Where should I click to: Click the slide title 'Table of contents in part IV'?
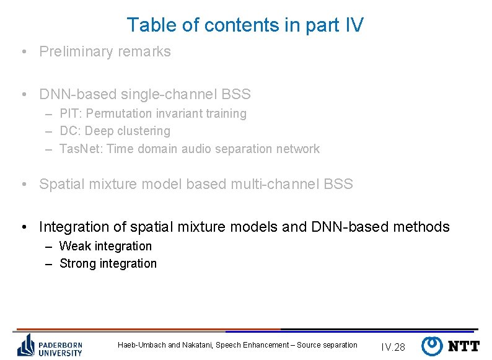[x=245, y=25]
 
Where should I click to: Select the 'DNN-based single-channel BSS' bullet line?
[x=144, y=95]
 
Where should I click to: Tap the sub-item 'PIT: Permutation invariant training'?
[x=152, y=114]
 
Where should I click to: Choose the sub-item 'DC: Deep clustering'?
[x=114, y=131]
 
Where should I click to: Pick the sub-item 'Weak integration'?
[x=105, y=246]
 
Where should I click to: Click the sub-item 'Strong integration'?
[x=108, y=264]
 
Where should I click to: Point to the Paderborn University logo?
[x=50, y=345]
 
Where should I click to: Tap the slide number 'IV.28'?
[x=393, y=347]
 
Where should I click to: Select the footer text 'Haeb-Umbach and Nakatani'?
[x=165, y=345]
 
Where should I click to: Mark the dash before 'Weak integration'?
[x=48, y=247]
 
